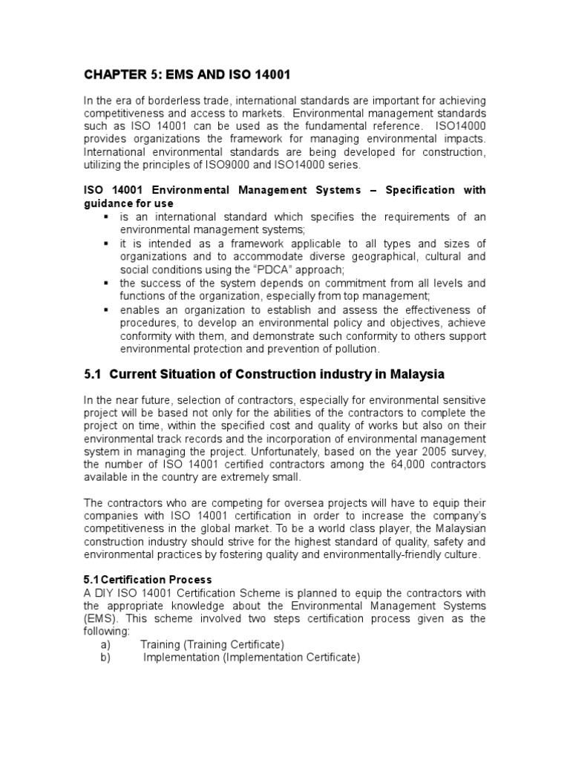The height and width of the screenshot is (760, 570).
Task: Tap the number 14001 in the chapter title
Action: (x=268, y=75)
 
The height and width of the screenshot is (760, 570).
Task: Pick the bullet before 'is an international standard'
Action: (x=106, y=216)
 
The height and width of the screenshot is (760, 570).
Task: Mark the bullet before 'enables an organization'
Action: (x=106, y=309)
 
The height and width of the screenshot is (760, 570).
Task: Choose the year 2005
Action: (x=423, y=451)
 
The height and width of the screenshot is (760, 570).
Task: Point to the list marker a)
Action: (x=105, y=644)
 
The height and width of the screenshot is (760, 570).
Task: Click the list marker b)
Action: (x=105, y=657)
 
